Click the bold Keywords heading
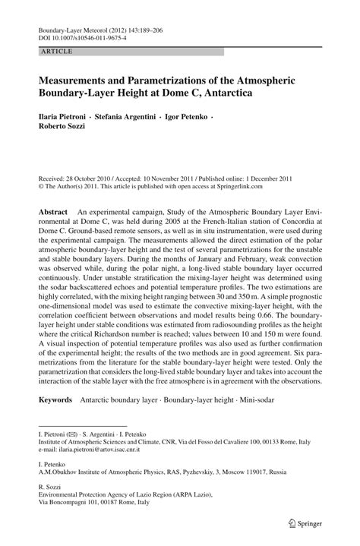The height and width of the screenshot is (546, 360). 56,399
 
